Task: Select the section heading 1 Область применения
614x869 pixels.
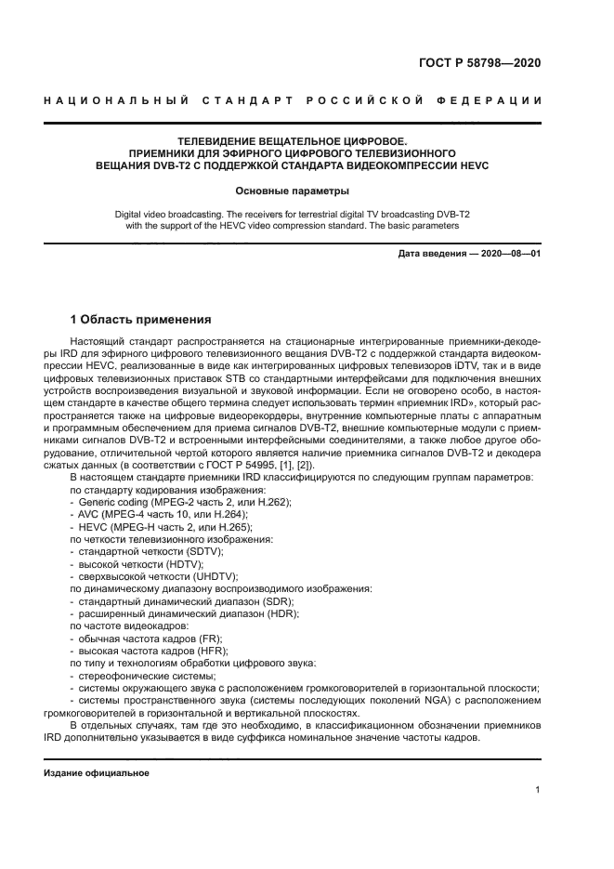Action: coord(142,319)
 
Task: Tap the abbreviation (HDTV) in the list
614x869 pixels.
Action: coord(184,564)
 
